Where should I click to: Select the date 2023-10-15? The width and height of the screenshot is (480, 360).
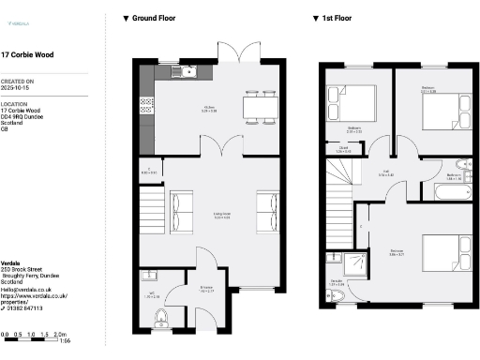pos(17,89)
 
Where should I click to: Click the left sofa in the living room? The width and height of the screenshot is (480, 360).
pos(180,205)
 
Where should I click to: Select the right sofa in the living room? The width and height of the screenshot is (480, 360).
pos(267,205)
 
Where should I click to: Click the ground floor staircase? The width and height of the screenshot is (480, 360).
pos(153,201)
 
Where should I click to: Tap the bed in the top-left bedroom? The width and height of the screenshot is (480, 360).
pos(351,101)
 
